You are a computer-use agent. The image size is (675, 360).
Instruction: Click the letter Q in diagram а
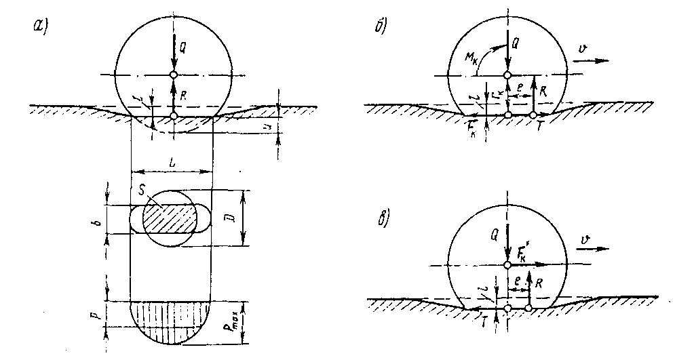point(182,46)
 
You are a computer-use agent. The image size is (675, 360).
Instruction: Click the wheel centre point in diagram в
point(507,265)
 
